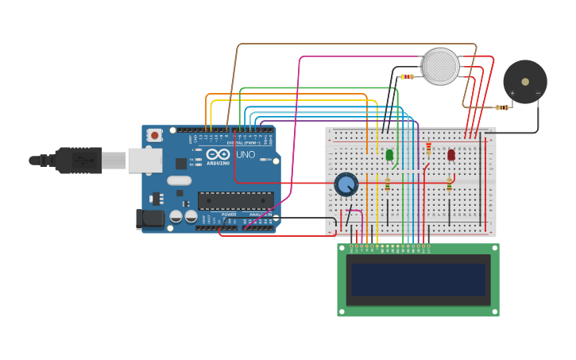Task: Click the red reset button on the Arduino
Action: tap(155, 135)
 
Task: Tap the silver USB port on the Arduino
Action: tap(145, 161)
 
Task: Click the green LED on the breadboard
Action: tap(389, 155)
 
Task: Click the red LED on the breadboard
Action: tap(451, 155)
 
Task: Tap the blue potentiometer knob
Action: tap(346, 185)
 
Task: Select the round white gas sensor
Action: tap(441, 67)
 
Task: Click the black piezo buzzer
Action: tap(525, 81)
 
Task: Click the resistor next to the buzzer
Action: tap(501, 107)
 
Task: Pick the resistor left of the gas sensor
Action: tap(408, 77)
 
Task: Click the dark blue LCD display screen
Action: tap(418, 280)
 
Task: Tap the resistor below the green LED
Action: tap(388, 184)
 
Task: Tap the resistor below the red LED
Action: tap(449, 184)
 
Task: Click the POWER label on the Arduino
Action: tap(229, 215)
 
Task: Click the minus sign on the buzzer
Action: tap(538, 94)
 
